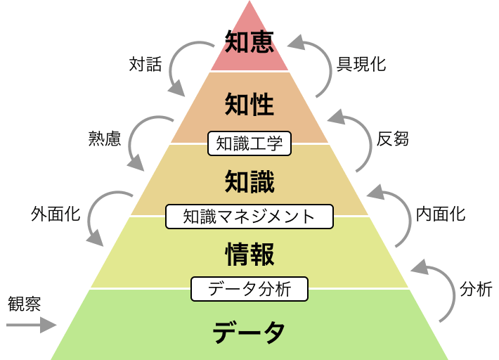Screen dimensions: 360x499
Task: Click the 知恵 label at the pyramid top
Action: pyautogui.click(x=249, y=41)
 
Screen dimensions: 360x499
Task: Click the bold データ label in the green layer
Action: pyautogui.click(x=249, y=330)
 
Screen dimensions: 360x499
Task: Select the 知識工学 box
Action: pyautogui.click(x=249, y=143)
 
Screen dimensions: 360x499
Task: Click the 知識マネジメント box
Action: pyautogui.click(x=249, y=216)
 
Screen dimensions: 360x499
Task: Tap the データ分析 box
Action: pyautogui.click(x=249, y=288)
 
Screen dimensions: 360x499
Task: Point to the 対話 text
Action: pyautogui.click(x=145, y=65)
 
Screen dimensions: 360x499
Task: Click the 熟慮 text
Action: pyautogui.click(x=104, y=138)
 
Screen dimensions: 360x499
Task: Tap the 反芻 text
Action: pyautogui.click(x=392, y=139)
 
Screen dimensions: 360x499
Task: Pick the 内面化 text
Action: pyautogui.click(x=440, y=214)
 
